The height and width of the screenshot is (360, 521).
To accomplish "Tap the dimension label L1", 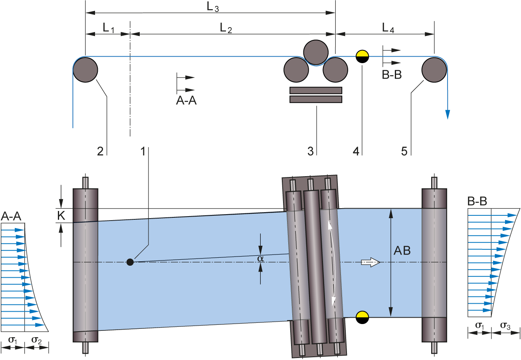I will tap(109, 28).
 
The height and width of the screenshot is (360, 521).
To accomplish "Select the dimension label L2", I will tap(226, 28).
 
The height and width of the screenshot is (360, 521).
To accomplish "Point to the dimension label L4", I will tap(388, 28).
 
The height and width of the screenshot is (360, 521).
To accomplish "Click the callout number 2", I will tap(100, 151).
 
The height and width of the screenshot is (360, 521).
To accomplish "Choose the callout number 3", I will tap(311, 151).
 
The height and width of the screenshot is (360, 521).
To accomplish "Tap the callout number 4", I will tap(356, 151).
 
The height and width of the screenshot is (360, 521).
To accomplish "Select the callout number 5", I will tap(404, 151).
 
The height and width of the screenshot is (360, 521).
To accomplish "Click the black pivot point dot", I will tap(130, 262).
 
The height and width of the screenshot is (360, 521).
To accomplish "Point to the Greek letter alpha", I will tap(261, 259).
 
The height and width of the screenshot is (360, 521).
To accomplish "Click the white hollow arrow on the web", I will tap(370, 262).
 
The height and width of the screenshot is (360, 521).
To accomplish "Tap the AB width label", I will tap(402, 251).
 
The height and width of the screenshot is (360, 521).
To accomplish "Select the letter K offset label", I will tap(61, 216).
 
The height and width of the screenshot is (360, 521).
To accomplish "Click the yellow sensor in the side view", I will tap(362, 54).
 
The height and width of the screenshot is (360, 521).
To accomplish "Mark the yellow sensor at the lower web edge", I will tap(362, 314).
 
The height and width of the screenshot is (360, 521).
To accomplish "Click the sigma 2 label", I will tap(36, 341).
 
